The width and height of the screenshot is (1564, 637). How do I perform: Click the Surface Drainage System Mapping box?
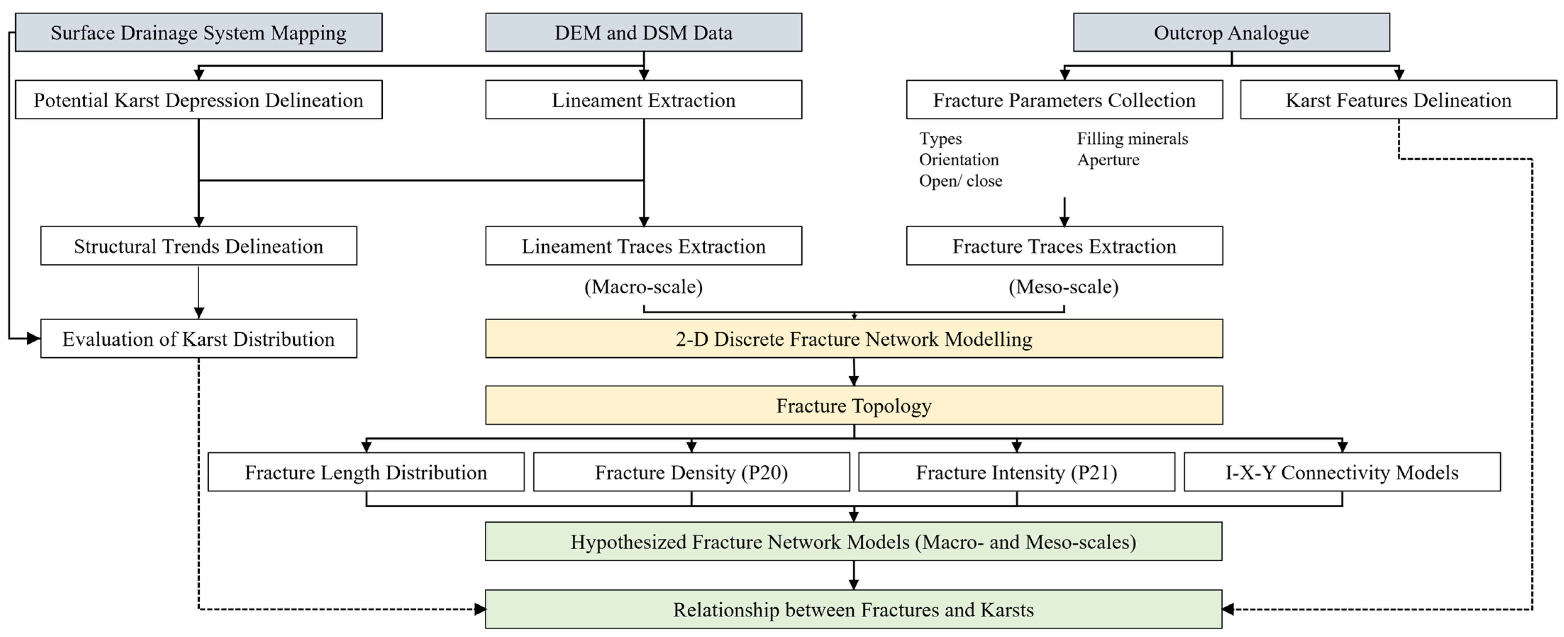199,32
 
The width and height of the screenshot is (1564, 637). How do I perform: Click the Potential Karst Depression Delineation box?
199,100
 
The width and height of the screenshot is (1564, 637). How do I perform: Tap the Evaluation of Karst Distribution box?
199,339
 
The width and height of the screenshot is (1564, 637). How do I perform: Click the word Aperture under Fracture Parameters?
1108,160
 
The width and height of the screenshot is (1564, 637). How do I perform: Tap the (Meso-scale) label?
1064,287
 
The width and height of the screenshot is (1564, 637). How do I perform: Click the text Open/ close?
960,181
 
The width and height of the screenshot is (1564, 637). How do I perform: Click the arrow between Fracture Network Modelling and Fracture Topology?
854,372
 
